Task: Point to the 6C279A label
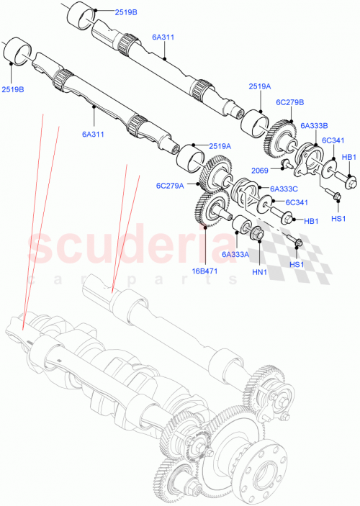170,185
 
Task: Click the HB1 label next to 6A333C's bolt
312,221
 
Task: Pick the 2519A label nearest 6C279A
220,146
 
